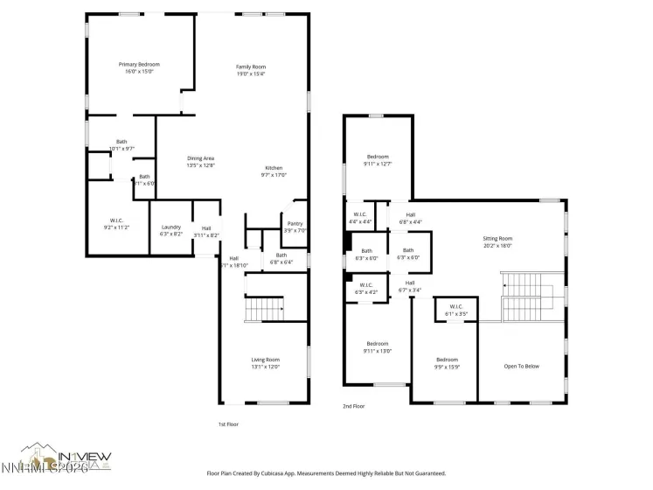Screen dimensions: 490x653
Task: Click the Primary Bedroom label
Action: click(140, 68)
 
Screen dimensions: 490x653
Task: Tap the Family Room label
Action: click(251, 71)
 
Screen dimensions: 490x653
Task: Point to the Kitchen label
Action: click(274, 171)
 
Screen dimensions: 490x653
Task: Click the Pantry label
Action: click(295, 227)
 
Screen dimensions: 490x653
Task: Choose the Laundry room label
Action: click(170, 230)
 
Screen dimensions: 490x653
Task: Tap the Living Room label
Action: click(266, 363)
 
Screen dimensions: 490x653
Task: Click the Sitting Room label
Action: click(497, 241)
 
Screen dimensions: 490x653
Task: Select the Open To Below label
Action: click(521, 366)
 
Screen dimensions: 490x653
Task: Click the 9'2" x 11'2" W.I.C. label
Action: click(116, 222)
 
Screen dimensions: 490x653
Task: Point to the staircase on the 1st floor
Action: click(265, 308)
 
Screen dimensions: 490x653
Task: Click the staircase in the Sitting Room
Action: click(527, 296)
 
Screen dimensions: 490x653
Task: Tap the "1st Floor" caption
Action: click(227, 423)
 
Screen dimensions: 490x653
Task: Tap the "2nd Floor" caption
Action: click(352, 406)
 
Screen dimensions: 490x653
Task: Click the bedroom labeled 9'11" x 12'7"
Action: click(378, 160)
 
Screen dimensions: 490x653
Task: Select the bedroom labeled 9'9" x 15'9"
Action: click(447, 363)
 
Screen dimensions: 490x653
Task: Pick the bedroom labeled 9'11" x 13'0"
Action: click(378, 347)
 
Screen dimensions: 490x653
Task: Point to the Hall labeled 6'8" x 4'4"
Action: click(410, 218)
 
